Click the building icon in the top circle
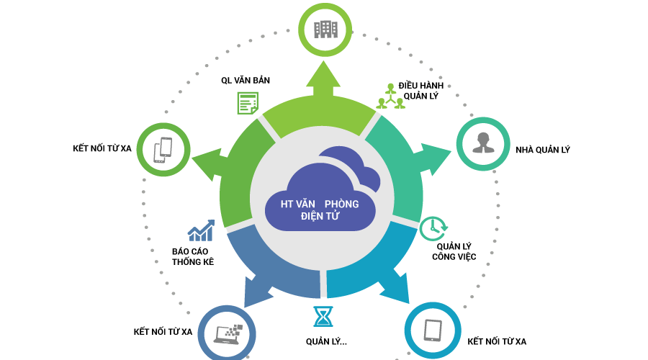[x=325, y=30]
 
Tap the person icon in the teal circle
[x=483, y=143]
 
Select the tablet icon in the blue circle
[x=433, y=330]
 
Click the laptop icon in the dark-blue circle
[x=228, y=333]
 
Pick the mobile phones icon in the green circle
[x=163, y=150]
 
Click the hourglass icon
[x=323, y=316]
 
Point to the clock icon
[x=432, y=228]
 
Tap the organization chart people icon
[x=390, y=97]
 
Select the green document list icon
[x=247, y=103]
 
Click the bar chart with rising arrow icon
[x=201, y=230]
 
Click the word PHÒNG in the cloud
[x=341, y=204]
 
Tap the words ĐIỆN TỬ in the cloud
[x=320, y=216]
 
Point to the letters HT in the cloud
[x=287, y=204]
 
